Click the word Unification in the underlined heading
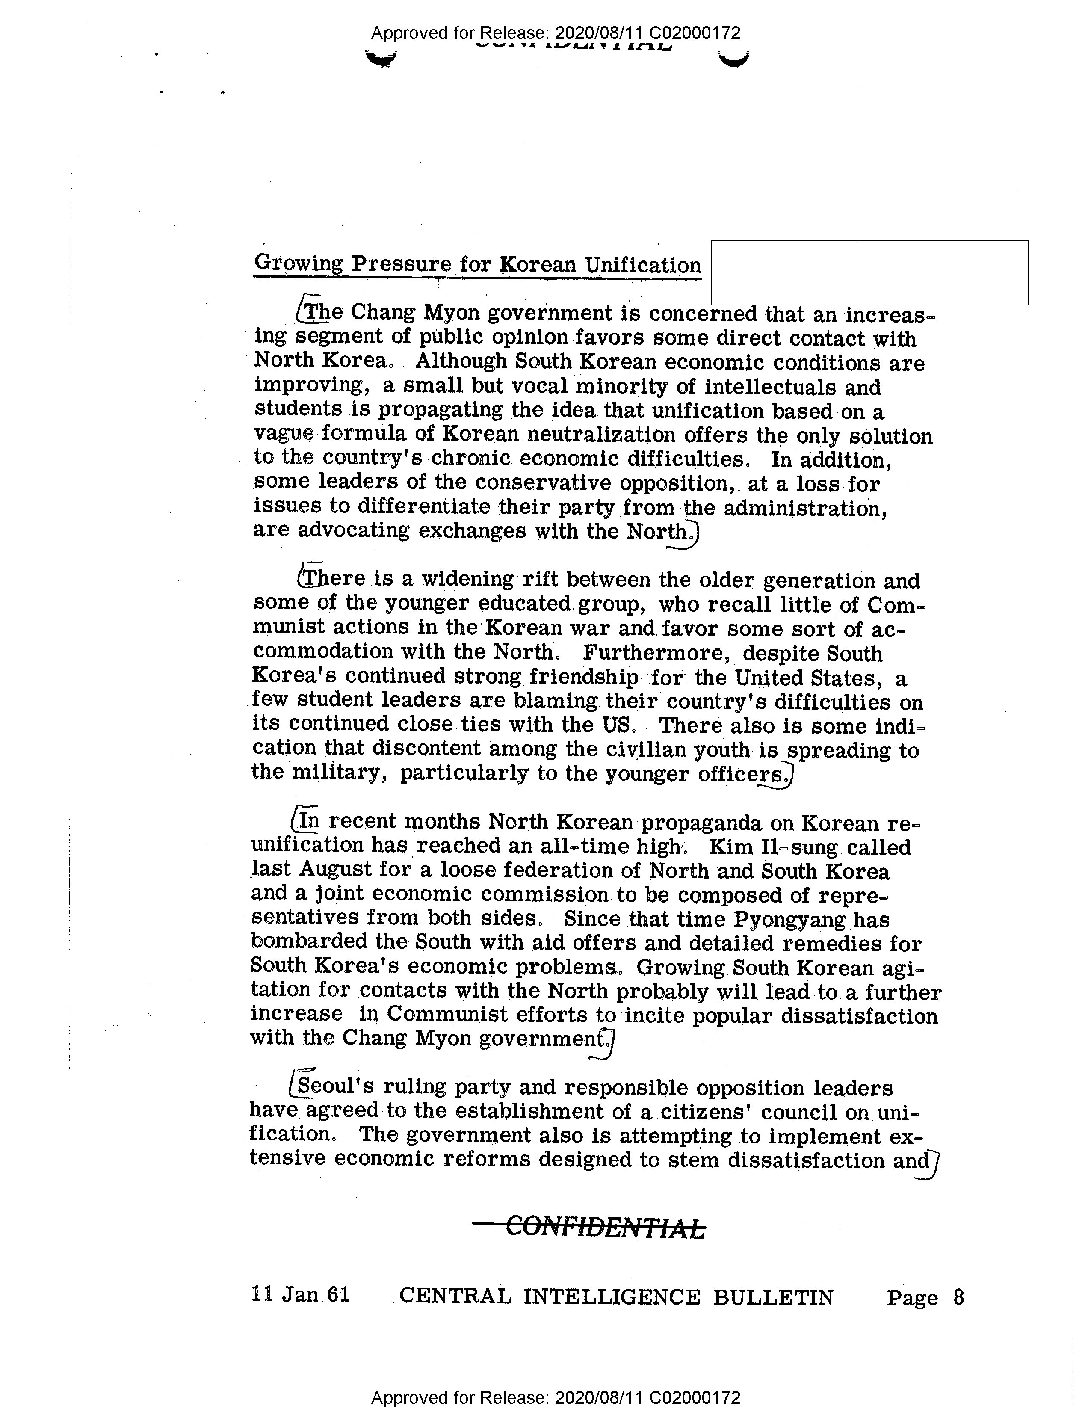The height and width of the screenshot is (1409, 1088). click(642, 265)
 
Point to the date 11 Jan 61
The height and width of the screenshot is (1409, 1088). click(301, 1294)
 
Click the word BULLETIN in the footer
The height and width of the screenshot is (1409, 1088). click(773, 1297)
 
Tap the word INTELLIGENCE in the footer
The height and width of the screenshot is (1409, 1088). click(611, 1297)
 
